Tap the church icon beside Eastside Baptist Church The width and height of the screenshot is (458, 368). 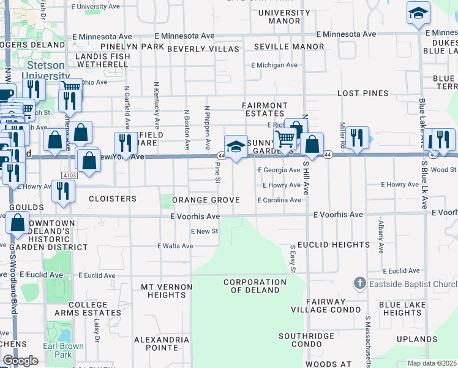(x=359, y=283)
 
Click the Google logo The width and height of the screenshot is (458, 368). (x=20, y=361)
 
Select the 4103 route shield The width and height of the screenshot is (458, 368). (x=68, y=175)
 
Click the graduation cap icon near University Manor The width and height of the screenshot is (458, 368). (x=419, y=13)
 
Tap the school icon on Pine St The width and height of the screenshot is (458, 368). (x=236, y=147)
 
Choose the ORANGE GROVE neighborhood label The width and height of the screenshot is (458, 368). (x=205, y=200)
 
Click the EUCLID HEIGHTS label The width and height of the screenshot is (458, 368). (x=334, y=245)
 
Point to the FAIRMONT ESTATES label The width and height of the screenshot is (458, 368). (x=265, y=109)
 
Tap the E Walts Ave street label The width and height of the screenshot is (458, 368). (x=175, y=246)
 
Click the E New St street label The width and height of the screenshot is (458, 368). (x=204, y=231)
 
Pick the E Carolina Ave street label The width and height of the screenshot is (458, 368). (x=279, y=200)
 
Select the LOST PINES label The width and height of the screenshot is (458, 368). (x=363, y=93)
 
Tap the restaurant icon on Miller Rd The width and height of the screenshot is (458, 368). (x=356, y=138)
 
